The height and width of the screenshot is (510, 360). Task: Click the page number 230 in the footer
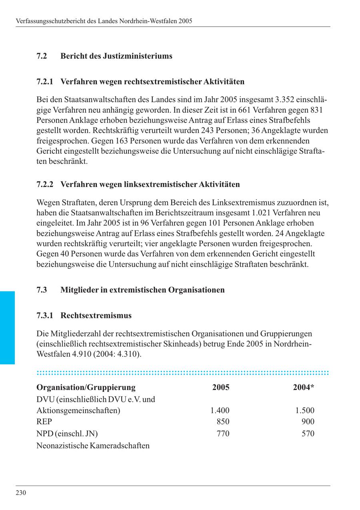(x=21, y=493)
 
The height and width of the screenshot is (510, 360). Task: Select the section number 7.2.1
(x=45, y=82)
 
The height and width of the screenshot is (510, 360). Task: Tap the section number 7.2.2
(x=45, y=185)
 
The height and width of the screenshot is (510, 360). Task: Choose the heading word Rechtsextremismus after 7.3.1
(x=96, y=315)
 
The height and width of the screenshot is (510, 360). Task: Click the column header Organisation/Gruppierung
(x=86, y=388)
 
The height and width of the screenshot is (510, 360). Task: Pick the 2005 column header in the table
(x=221, y=388)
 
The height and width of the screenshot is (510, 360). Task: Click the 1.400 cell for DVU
(x=220, y=410)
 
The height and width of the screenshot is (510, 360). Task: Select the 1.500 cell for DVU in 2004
(x=305, y=410)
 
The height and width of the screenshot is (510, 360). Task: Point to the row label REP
(x=44, y=422)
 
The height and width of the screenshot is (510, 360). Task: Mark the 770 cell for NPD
(x=223, y=434)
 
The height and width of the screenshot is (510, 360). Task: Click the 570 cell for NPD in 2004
(x=308, y=434)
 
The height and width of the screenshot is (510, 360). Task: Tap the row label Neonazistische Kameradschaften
(x=93, y=446)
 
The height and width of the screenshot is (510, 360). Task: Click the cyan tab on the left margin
(x=7, y=327)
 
